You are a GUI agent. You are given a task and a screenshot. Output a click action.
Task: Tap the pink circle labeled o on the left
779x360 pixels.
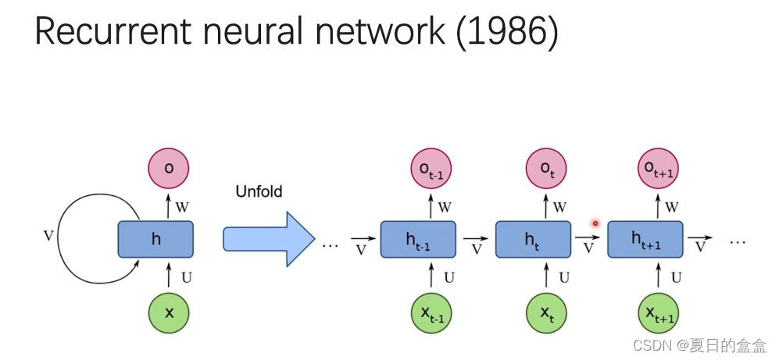point(169,168)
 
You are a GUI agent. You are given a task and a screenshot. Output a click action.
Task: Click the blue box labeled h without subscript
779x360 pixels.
point(155,239)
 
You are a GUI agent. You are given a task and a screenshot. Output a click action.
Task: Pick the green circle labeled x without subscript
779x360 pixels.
point(169,312)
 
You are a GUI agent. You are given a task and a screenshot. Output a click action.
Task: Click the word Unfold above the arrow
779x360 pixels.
point(259,191)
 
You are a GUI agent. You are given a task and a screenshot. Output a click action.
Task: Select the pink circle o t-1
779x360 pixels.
point(431,168)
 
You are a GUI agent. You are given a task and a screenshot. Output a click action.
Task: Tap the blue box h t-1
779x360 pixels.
point(417,239)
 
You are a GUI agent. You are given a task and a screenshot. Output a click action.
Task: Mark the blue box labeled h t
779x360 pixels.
point(533,239)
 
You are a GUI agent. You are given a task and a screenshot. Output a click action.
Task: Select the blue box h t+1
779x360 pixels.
point(645,239)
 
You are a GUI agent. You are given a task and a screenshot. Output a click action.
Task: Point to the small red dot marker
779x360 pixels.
point(595,223)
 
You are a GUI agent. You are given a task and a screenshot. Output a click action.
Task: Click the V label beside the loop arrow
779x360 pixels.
point(48,234)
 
